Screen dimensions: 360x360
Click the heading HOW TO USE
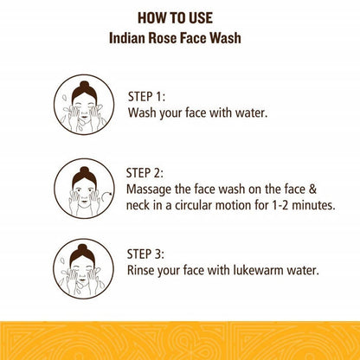point(175,18)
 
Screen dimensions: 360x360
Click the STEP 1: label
point(146,97)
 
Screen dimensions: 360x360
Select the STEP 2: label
point(145,173)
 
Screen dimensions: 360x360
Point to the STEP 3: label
point(145,254)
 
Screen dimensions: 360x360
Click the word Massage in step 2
point(149,190)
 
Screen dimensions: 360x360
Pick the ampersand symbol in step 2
point(312,189)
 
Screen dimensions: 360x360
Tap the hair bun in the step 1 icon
point(84,85)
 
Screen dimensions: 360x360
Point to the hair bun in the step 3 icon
point(82,248)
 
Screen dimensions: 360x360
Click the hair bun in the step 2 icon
point(84,171)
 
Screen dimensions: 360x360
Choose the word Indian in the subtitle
point(127,38)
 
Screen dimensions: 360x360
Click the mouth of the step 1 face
point(84,117)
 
